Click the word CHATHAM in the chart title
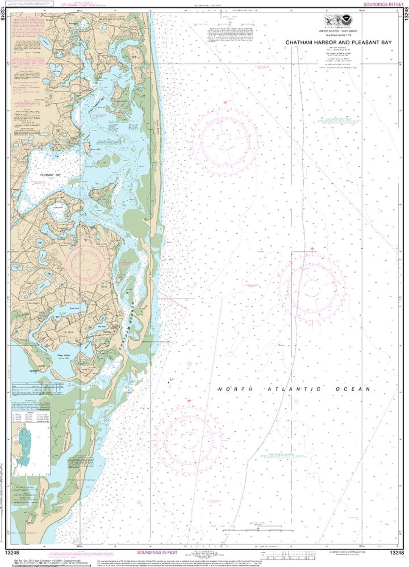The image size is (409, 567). (x=299, y=43)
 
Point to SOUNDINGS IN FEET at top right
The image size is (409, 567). (x=383, y=4)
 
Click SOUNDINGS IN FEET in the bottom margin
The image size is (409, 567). (x=157, y=553)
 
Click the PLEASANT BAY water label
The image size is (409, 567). (x=51, y=175)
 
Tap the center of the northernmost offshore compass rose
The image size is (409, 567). (x=225, y=141)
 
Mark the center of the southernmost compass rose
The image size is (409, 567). (x=188, y=440)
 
